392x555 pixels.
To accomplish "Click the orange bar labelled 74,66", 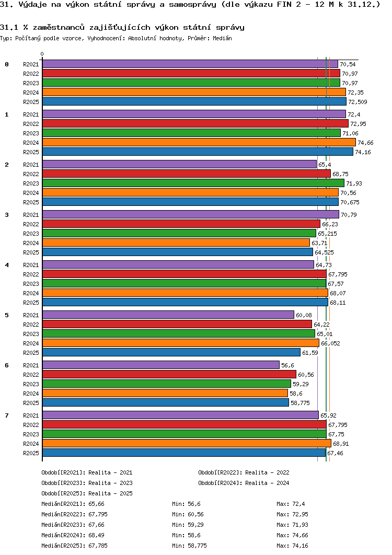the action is click(199, 142).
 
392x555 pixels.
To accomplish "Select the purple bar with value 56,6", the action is click(161, 365).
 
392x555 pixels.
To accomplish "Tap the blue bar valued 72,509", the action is click(194, 101).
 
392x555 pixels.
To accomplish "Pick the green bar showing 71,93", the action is click(193, 183).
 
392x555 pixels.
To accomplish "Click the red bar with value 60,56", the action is click(169, 375).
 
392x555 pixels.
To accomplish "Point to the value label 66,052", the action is click(330, 343).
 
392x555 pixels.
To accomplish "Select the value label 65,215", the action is click(327, 234).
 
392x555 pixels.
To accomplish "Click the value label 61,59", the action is click(310, 353).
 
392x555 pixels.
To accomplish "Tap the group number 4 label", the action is click(7, 265).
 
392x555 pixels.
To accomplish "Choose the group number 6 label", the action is click(7, 365).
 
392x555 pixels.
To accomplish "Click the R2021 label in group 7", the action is click(31, 415).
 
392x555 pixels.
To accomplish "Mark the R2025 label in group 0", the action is click(31, 102).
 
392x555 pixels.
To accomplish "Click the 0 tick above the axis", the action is click(42, 54).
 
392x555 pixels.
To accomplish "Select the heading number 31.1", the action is click(9, 27).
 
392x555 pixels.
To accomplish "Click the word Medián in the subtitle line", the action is click(222, 38).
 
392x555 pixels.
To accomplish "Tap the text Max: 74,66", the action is click(293, 535).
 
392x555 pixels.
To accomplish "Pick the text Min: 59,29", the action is click(188, 525).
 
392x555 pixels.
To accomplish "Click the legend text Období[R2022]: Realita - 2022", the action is click(244, 472).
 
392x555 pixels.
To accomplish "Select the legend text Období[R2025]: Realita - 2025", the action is click(87, 493).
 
